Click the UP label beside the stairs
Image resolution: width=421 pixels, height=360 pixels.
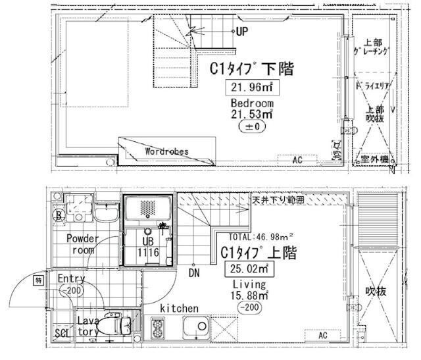click(242, 31)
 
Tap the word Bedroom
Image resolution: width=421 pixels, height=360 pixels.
click(251, 103)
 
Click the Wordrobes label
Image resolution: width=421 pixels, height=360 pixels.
click(166, 151)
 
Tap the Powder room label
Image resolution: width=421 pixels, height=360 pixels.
click(82, 244)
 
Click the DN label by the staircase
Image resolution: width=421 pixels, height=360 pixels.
click(194, 272)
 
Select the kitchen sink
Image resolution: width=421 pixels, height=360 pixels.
click(196, 326)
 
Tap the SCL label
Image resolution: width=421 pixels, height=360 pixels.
click(61, 333)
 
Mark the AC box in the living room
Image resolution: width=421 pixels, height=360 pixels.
click(322, 335)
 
